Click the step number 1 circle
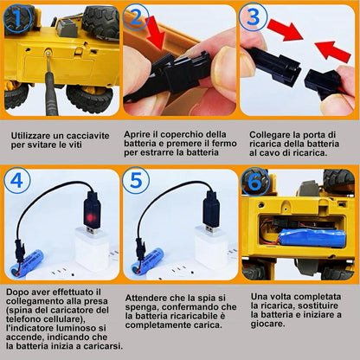(x=17, y=18)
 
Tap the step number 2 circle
(x=136, y=17)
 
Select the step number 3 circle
(x=254, y=17)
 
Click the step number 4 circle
(x=17, y=181)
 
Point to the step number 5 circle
(x=136, y=181)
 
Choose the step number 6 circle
(x=254, y=182)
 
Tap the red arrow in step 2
(x=156, y=32)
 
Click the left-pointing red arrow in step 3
(x=332, y=50)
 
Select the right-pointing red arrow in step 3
(x=285, y=29)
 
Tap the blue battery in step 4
(x=27, y=262)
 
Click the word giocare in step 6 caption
(x=267, y=324)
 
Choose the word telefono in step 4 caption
(x=22, y=319)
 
